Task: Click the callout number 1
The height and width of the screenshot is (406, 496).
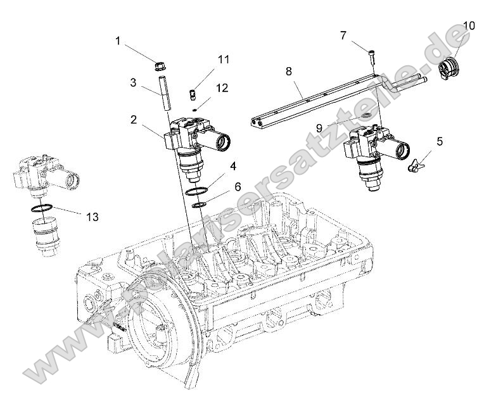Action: pos(118,41)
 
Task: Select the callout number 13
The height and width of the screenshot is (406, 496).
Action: pos(92,217)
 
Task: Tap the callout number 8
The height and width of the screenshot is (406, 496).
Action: pos(289,71)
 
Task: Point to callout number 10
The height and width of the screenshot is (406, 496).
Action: pos(469,26)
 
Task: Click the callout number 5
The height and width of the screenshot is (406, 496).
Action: pos(440,141)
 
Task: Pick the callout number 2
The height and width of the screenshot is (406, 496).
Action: pos(134,118)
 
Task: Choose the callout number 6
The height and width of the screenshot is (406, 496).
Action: pos(238,187)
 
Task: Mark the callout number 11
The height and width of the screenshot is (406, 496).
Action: pos(223,60)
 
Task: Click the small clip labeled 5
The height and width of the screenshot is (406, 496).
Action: pos(415,166)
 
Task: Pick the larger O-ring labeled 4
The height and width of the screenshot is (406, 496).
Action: pos(198,191)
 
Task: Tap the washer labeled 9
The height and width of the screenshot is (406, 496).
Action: pos(365,117)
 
